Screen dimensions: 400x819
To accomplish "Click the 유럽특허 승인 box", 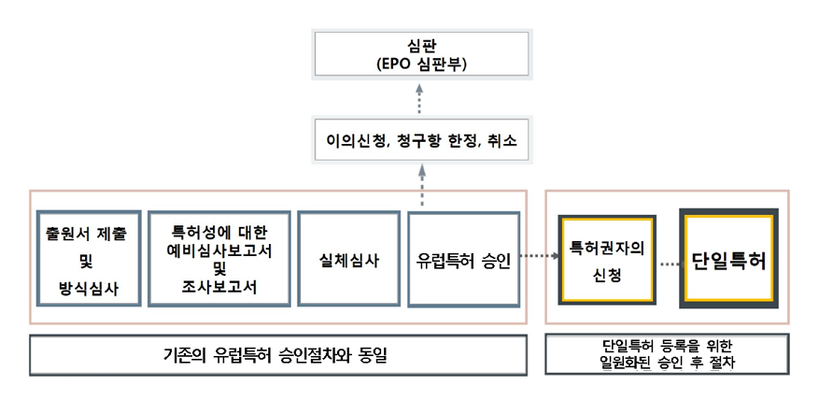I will [x=463, y=259].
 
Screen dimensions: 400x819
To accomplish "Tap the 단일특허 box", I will [x=729, y=259].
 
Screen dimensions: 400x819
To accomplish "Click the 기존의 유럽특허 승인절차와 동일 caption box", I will [x=275, y=355].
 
